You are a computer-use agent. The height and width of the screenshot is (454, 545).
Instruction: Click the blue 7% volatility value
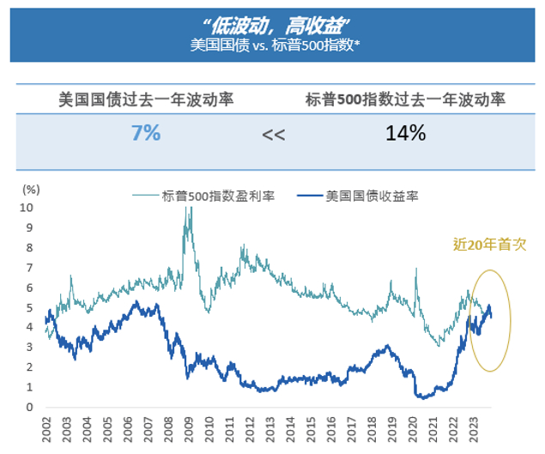tap(146, 134)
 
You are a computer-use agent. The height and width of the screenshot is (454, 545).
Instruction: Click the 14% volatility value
tap(405, 134)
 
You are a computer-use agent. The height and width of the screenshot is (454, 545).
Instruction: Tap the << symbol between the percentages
tap(274, 136)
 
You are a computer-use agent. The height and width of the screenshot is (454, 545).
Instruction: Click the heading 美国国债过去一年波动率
tap(146, 99)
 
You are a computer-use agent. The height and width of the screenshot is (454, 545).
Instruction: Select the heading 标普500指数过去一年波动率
tap(405, 99)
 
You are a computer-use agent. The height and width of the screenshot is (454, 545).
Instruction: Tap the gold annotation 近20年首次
tap(488, 244)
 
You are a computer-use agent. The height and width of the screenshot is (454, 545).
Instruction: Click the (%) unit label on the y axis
tap(31, 189)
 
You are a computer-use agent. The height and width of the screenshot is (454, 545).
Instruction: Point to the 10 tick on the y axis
tap(28, 208)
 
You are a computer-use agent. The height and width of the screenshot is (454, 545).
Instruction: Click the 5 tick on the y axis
tap(30, 307)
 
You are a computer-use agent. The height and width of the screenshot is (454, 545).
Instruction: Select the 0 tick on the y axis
tap(30, 408)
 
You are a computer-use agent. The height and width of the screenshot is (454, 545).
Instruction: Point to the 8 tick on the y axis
tap(30, 247)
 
